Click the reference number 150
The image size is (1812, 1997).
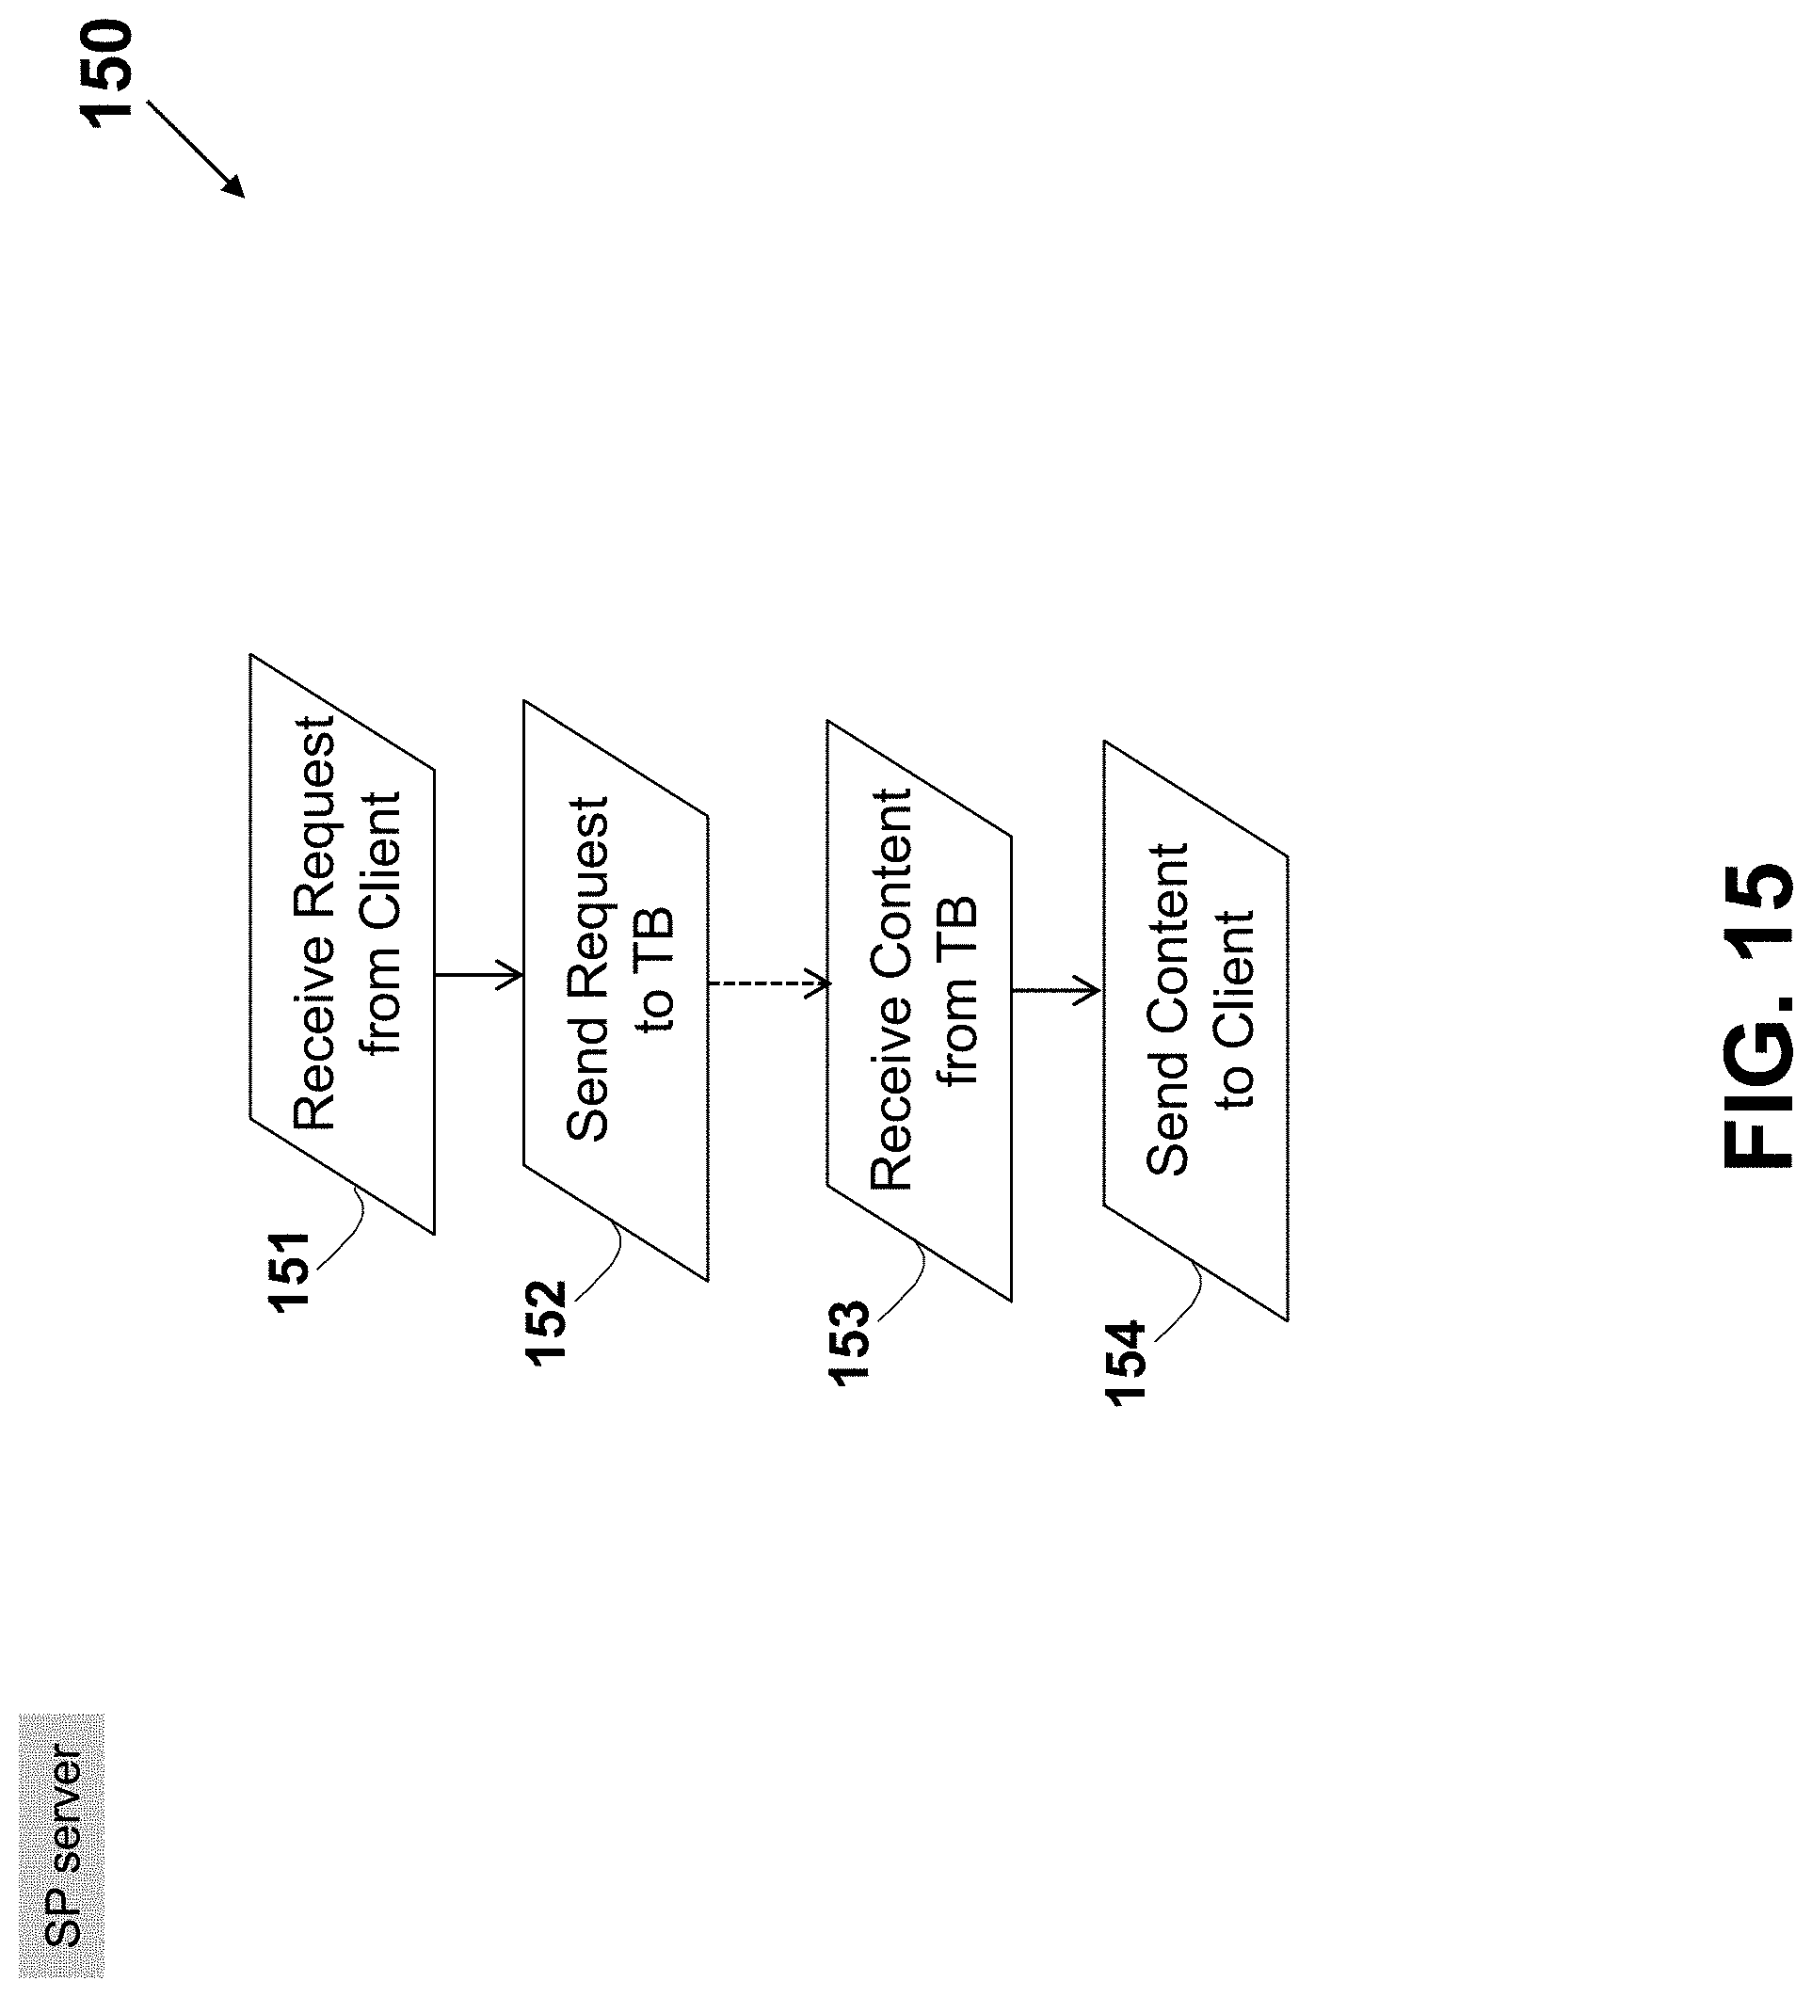(x=106, y=74)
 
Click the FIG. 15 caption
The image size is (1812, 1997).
(x=1757, y=1014)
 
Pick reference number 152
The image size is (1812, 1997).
(x=546, y=1323)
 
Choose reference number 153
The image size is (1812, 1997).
(x=849, y=1342)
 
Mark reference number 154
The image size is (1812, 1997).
(x=1126, y=1363)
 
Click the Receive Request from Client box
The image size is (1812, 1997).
(x=342, y=943)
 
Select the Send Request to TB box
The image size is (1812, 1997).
(x=617, y=991)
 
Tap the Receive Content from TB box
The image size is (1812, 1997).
(x=920, y=1011)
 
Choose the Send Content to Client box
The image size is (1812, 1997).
(x=1195, y=1030)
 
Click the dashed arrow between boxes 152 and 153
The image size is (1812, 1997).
(x=769, y=983)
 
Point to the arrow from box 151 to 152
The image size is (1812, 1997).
(x=478, y=975)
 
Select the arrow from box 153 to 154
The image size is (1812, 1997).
(x=1056, y=990)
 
